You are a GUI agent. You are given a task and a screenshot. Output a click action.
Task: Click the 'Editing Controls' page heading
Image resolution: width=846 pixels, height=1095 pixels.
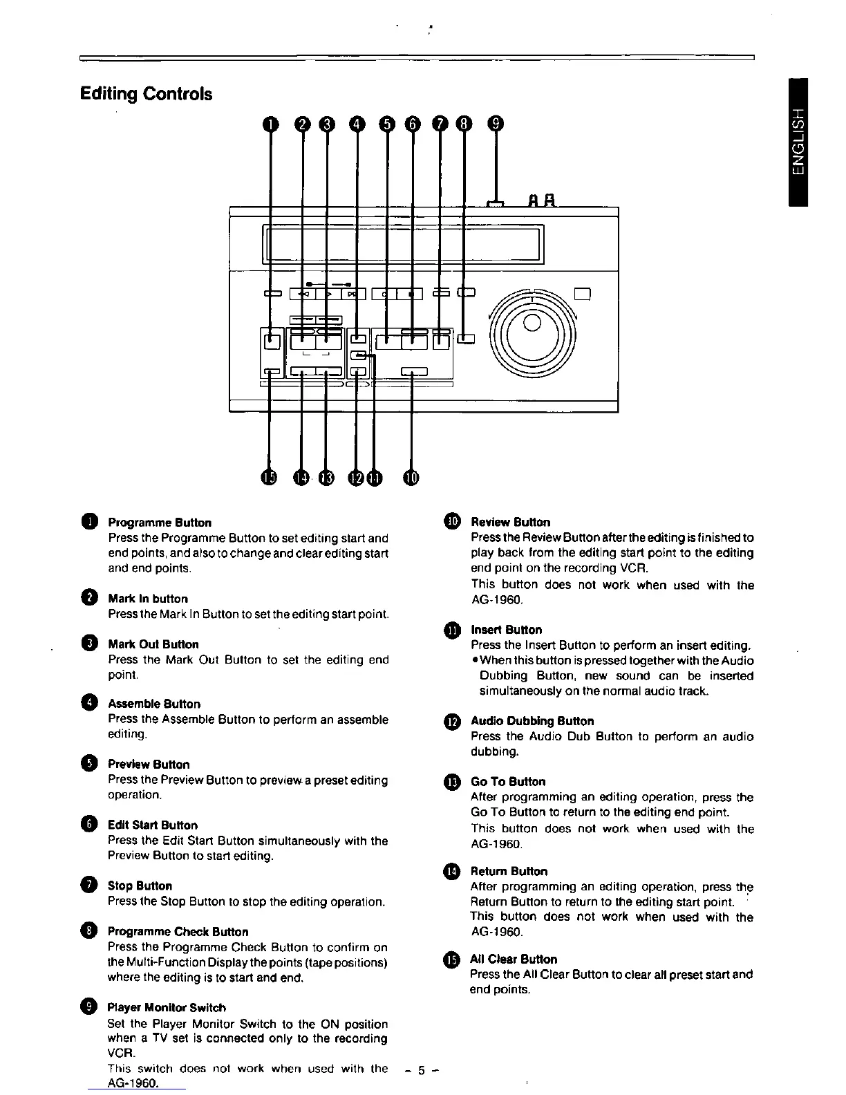tap(146, 94)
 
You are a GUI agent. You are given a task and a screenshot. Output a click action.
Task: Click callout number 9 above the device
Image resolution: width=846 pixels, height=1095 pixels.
tap(496, 124)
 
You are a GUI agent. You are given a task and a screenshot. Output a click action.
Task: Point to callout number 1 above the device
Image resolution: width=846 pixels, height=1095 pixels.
tap(270, 124)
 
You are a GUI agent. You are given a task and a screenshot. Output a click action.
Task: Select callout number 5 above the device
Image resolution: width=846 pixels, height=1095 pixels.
tap(386, 124)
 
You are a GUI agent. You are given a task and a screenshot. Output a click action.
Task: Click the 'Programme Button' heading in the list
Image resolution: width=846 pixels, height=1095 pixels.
tap(160, 523)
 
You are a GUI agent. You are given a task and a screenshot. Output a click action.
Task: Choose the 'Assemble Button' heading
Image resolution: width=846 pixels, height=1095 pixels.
tap(154, 704)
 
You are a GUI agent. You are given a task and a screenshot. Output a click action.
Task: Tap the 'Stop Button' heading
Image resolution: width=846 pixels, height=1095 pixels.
tap(140, 886)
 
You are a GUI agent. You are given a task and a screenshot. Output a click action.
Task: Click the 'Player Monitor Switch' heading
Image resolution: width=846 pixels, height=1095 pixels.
tap(167, 1008)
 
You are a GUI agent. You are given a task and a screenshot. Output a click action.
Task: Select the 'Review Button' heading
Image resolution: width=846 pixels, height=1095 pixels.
tap(510, 522)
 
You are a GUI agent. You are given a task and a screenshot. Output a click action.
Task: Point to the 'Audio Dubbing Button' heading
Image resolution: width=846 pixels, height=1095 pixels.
tap(532, 721)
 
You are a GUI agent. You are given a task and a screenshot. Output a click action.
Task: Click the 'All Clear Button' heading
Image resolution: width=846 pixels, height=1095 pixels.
tap(513, 959)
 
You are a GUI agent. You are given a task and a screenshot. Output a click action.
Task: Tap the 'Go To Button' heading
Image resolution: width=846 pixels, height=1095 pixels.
tap(507, 782)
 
